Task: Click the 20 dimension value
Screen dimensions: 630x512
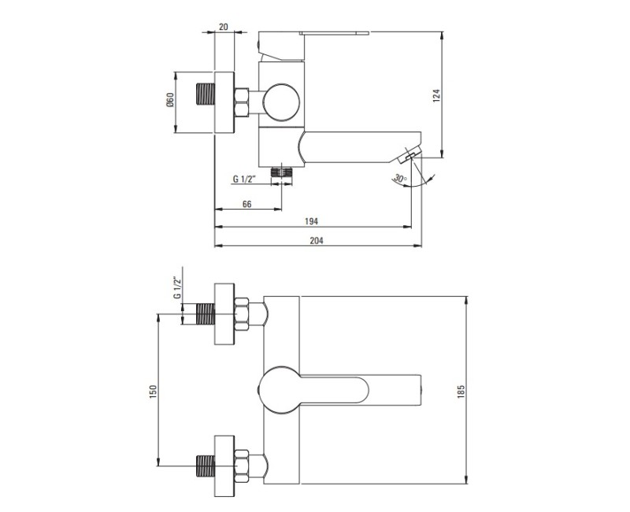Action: [224, 27]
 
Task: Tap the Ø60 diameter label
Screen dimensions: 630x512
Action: [170, 100]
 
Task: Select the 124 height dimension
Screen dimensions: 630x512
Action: [437, 95]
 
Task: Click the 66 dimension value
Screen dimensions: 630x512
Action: [246, 204]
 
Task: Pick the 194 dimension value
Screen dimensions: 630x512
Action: [311, 221]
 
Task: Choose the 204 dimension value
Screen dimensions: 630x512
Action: [317, 240]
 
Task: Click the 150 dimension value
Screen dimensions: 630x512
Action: [152, 391]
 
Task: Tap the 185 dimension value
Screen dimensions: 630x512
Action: [461, 391]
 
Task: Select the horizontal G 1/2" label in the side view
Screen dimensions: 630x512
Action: [245, 179]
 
